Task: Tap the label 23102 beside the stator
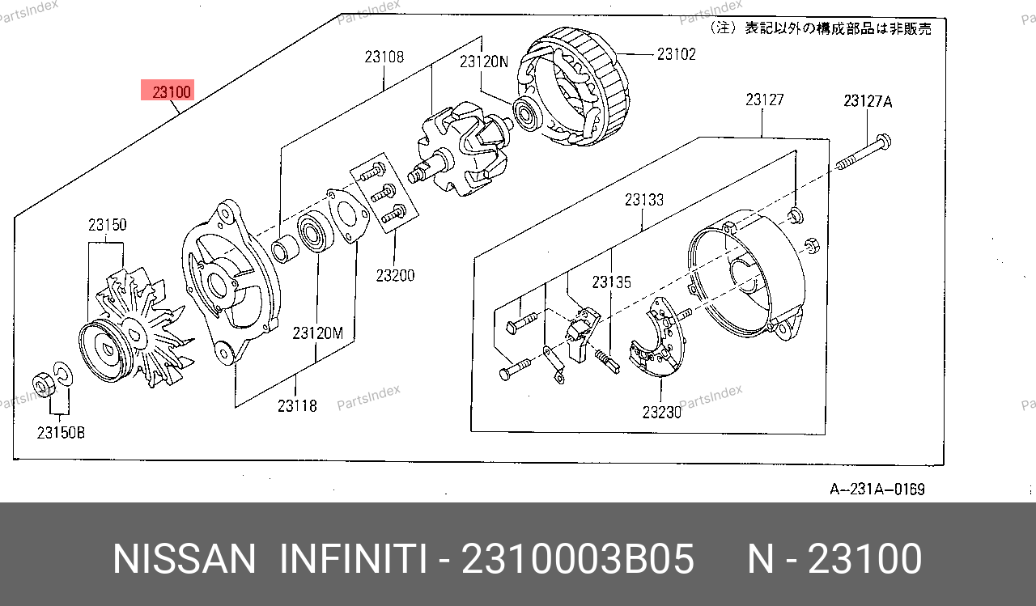click(x=676, y=54)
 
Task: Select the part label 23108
click(x=384, y=57)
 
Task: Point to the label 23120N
click(x=484, y=61)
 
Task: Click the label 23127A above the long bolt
click(x=868, y=101)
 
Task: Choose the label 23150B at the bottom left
click(x=61, y=433)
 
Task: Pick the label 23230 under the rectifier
click(x=661, y=412)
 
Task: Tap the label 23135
click(x=611, y=282)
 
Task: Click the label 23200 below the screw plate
click(x=395, y=276)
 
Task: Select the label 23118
click(x=297, y=406)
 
